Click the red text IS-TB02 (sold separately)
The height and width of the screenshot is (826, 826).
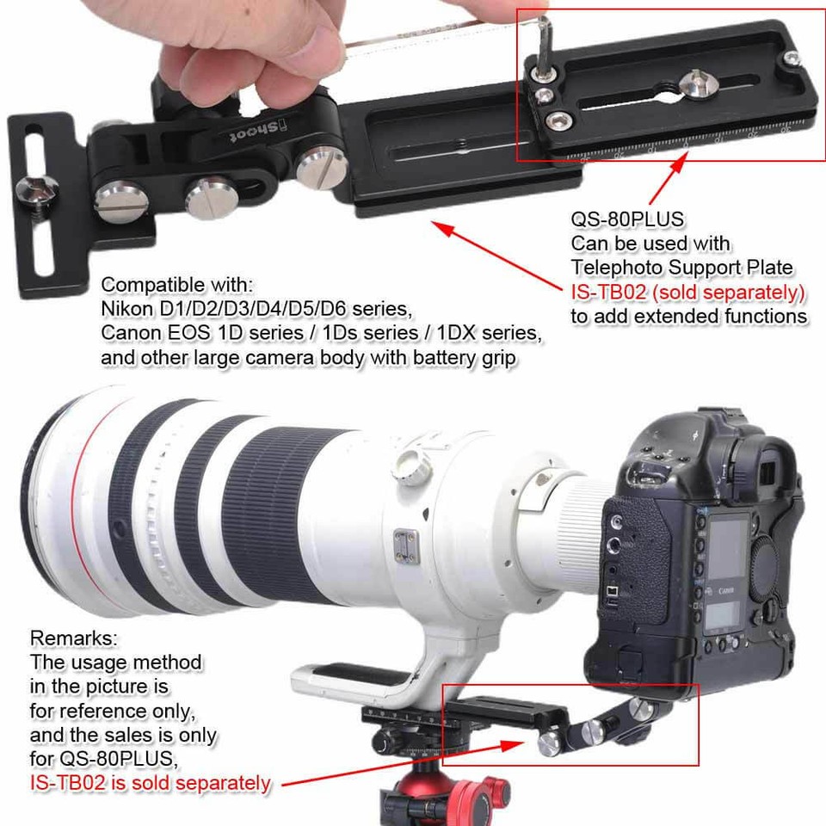tap(687, 293)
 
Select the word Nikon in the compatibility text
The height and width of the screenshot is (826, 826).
tap(124, 308)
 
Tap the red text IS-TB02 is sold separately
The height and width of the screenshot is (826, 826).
tap(150, 784)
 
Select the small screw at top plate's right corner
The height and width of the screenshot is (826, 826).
tap(793, 59)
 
